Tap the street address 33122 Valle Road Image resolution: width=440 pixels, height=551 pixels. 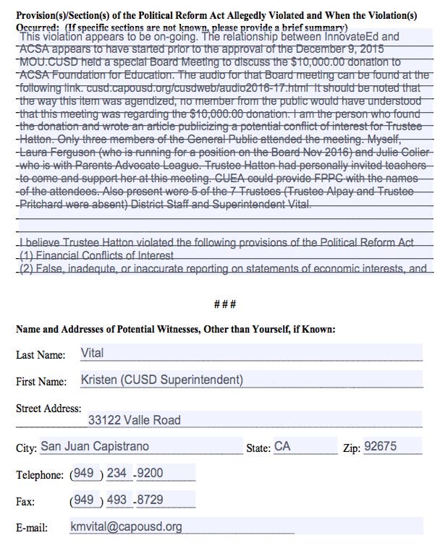[135, 420]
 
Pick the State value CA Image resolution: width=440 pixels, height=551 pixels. [282, 447]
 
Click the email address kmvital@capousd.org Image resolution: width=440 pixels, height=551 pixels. [126, 526]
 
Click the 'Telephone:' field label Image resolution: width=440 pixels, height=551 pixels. [39, 475]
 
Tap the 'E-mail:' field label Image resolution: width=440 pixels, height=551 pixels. [32, 528]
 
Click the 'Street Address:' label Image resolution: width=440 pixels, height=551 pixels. [48, 409]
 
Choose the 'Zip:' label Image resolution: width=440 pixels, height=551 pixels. [351, 448]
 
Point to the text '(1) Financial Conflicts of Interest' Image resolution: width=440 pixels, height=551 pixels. [97, 256]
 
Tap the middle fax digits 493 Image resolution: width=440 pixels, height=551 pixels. [117, 500]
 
